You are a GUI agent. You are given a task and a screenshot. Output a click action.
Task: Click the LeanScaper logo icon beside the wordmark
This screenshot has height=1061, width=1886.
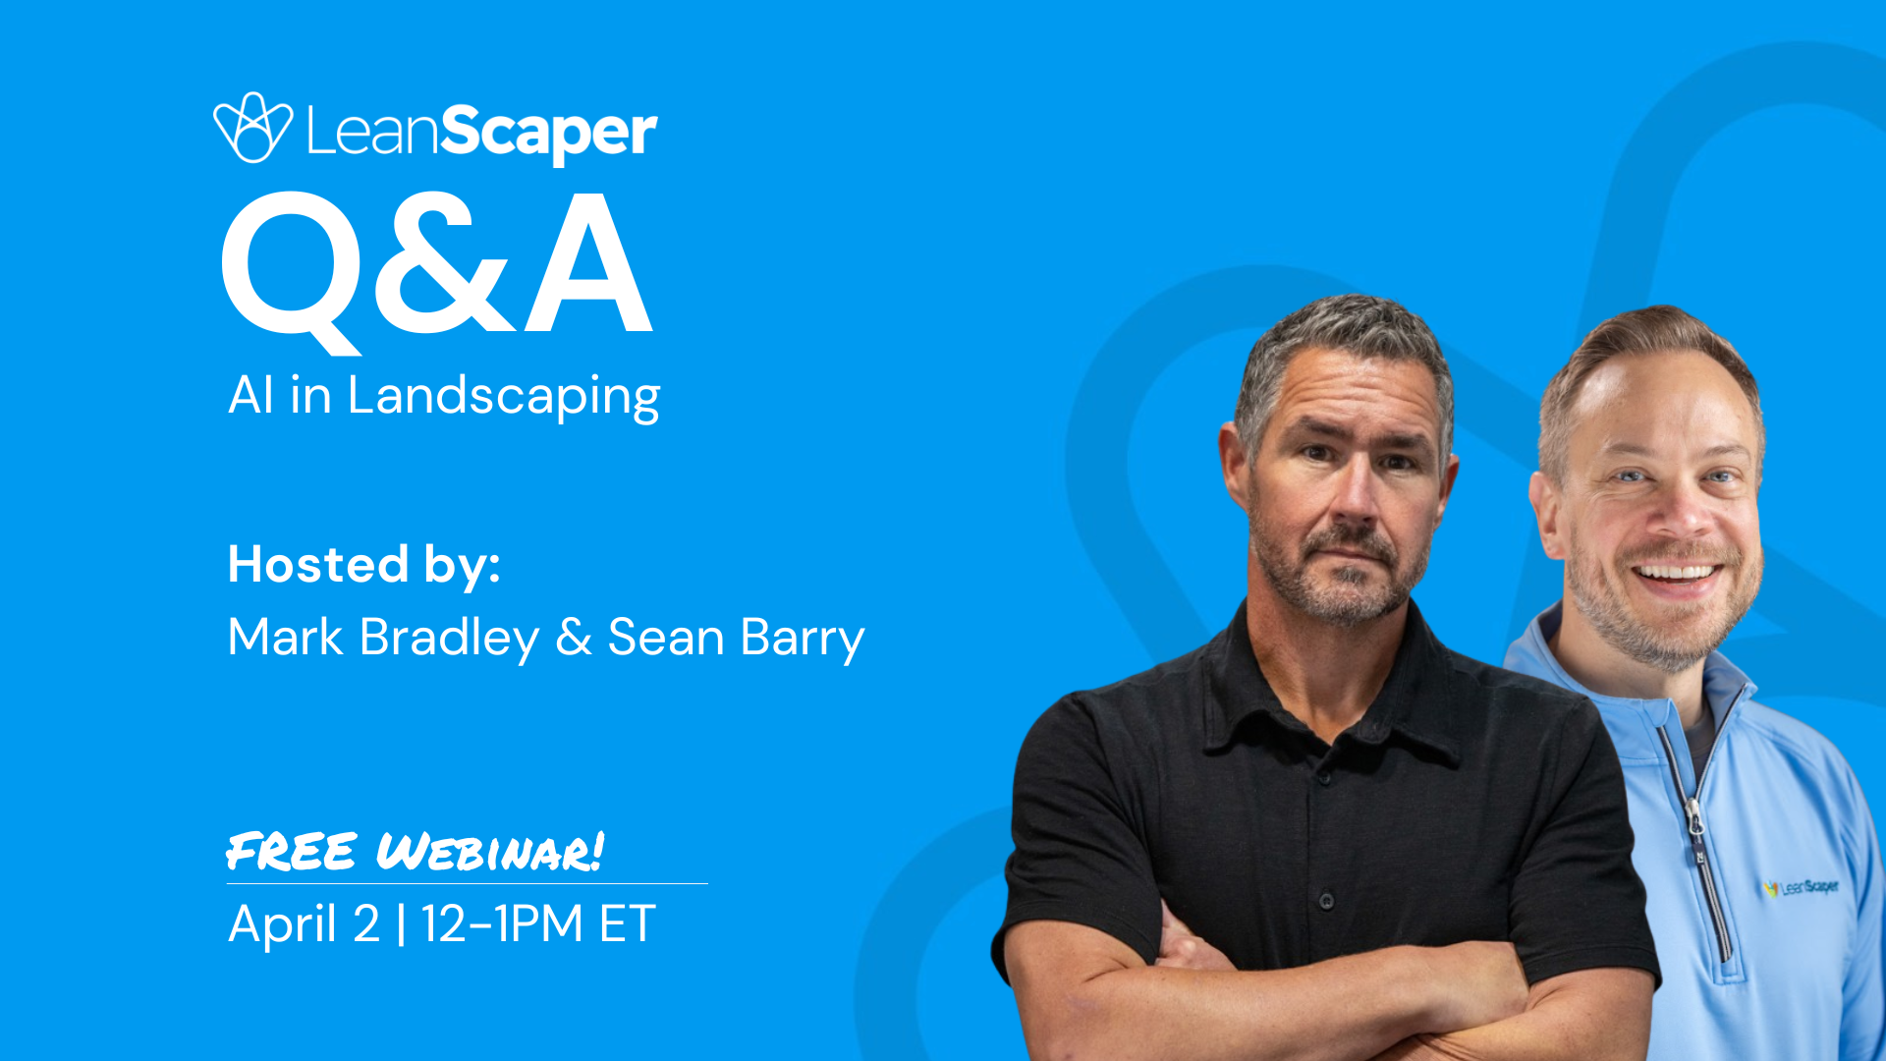point(252,128)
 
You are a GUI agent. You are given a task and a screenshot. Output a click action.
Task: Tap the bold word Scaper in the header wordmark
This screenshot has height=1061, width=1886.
point(548,132)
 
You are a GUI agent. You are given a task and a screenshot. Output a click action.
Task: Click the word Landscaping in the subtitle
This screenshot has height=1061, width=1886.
point(503,396)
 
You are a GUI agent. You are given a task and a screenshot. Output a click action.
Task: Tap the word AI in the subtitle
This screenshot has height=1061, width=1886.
point(250,395)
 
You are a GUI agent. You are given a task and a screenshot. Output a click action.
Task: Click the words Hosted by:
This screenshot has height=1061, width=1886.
point(364,565)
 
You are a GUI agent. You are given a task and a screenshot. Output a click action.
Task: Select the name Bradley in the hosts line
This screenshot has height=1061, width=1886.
point(449,638)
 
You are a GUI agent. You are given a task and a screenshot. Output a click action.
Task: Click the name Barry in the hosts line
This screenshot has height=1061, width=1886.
point(802,638)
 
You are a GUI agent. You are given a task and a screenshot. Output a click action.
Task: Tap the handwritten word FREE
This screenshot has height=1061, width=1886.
point(291,851)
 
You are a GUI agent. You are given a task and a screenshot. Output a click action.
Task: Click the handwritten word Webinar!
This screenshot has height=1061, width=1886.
point(489,851)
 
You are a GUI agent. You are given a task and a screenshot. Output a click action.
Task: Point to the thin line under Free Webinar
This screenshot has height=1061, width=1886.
point(467,883)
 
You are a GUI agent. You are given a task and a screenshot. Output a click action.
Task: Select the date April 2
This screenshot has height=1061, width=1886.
point(304,923)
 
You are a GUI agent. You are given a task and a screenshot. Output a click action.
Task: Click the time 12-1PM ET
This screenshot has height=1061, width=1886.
point(538,923)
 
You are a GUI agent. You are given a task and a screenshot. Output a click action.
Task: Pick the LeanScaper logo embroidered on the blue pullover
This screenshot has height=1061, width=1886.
point(1801,888)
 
